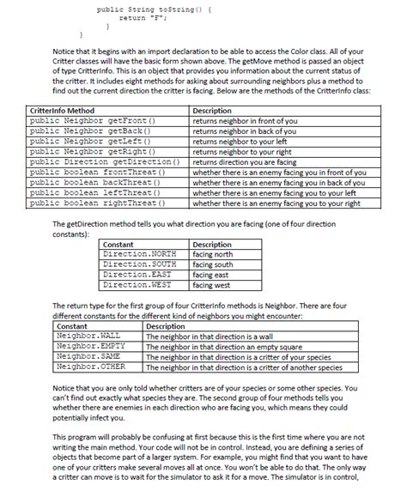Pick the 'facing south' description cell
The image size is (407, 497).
214,265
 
